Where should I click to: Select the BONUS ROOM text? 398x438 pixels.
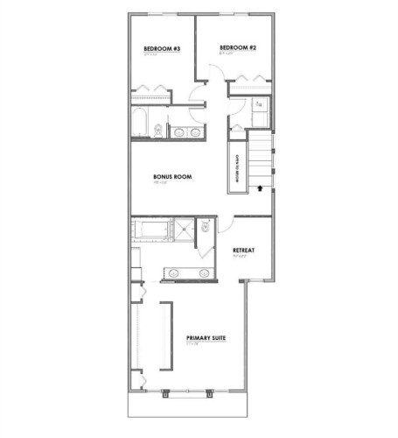(x=171, y=177)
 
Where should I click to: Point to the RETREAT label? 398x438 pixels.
(x=243, y=251)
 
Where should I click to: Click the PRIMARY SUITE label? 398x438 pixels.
(x=206, y=337)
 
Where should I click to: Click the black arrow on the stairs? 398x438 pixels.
(x=260, y=187)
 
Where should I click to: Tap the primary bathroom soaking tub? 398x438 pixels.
(x=152, y=230)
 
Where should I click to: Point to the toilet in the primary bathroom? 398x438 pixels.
(x=205, y=228)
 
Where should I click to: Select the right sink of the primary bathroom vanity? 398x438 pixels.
(x=203, y=273)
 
